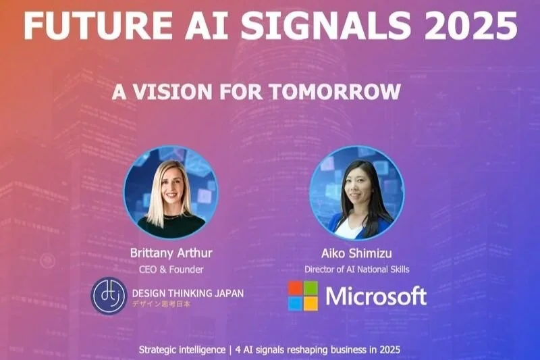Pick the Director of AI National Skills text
click(357, 269)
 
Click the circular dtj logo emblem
click(109, 296)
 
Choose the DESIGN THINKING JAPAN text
click(188, 292)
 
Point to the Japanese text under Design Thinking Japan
click(162, 305)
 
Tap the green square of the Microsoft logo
click(311, 288)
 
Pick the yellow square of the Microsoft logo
click(311, 303)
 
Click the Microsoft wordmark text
click(375, 296)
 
